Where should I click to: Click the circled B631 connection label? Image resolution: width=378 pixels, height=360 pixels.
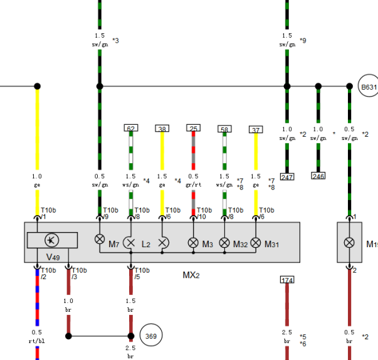point(369,86)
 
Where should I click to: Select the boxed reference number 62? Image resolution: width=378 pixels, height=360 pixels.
point(131,128)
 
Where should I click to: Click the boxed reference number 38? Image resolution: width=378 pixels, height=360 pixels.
point(162,129)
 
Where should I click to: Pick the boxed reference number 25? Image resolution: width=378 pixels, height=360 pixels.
point(193,128)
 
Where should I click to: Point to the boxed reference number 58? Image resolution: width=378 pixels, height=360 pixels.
point(224,129)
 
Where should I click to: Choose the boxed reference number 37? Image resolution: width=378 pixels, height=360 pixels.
point(256,129)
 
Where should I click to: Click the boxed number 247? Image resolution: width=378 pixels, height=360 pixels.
point(287,177)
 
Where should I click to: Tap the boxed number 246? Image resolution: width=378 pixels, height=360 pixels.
point(318,176)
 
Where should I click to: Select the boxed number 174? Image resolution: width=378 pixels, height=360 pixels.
point(287,280)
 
